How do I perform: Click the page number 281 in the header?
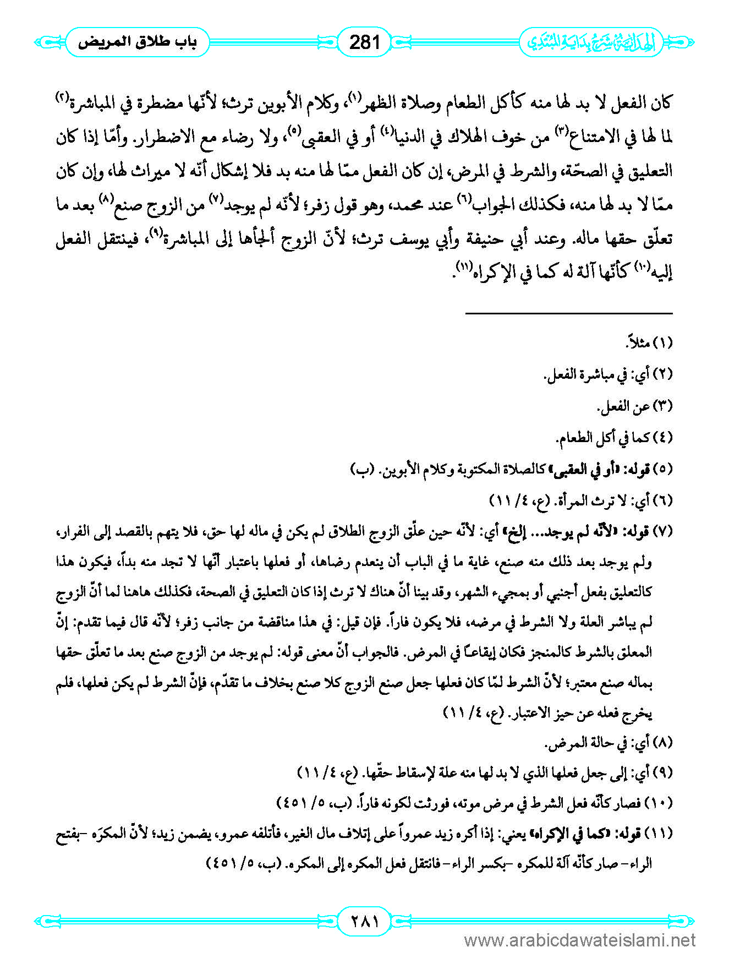[364, 42]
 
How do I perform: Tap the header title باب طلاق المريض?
[137, 42]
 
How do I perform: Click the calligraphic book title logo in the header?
[591, 42]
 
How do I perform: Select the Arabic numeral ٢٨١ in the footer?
[364, 920]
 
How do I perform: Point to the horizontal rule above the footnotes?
[569, 313]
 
